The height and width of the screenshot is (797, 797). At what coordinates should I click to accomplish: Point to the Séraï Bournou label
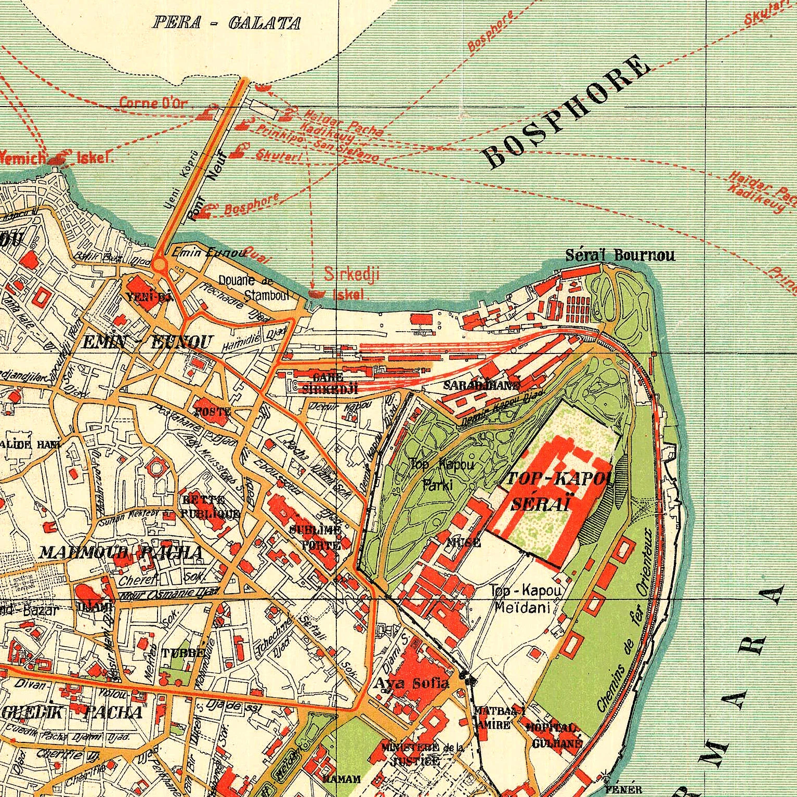[620, 255]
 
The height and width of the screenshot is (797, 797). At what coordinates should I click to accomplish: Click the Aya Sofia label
[412, 683]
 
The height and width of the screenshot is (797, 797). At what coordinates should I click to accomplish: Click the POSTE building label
[212, 411]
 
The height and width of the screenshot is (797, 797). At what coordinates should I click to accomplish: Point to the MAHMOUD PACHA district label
[121, 552]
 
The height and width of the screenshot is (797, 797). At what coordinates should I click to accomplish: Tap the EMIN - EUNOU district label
[148, 342]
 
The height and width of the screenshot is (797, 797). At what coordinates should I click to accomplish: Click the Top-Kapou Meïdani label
[525, 598]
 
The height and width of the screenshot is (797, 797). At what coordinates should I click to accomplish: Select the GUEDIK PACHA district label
[72, 712]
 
